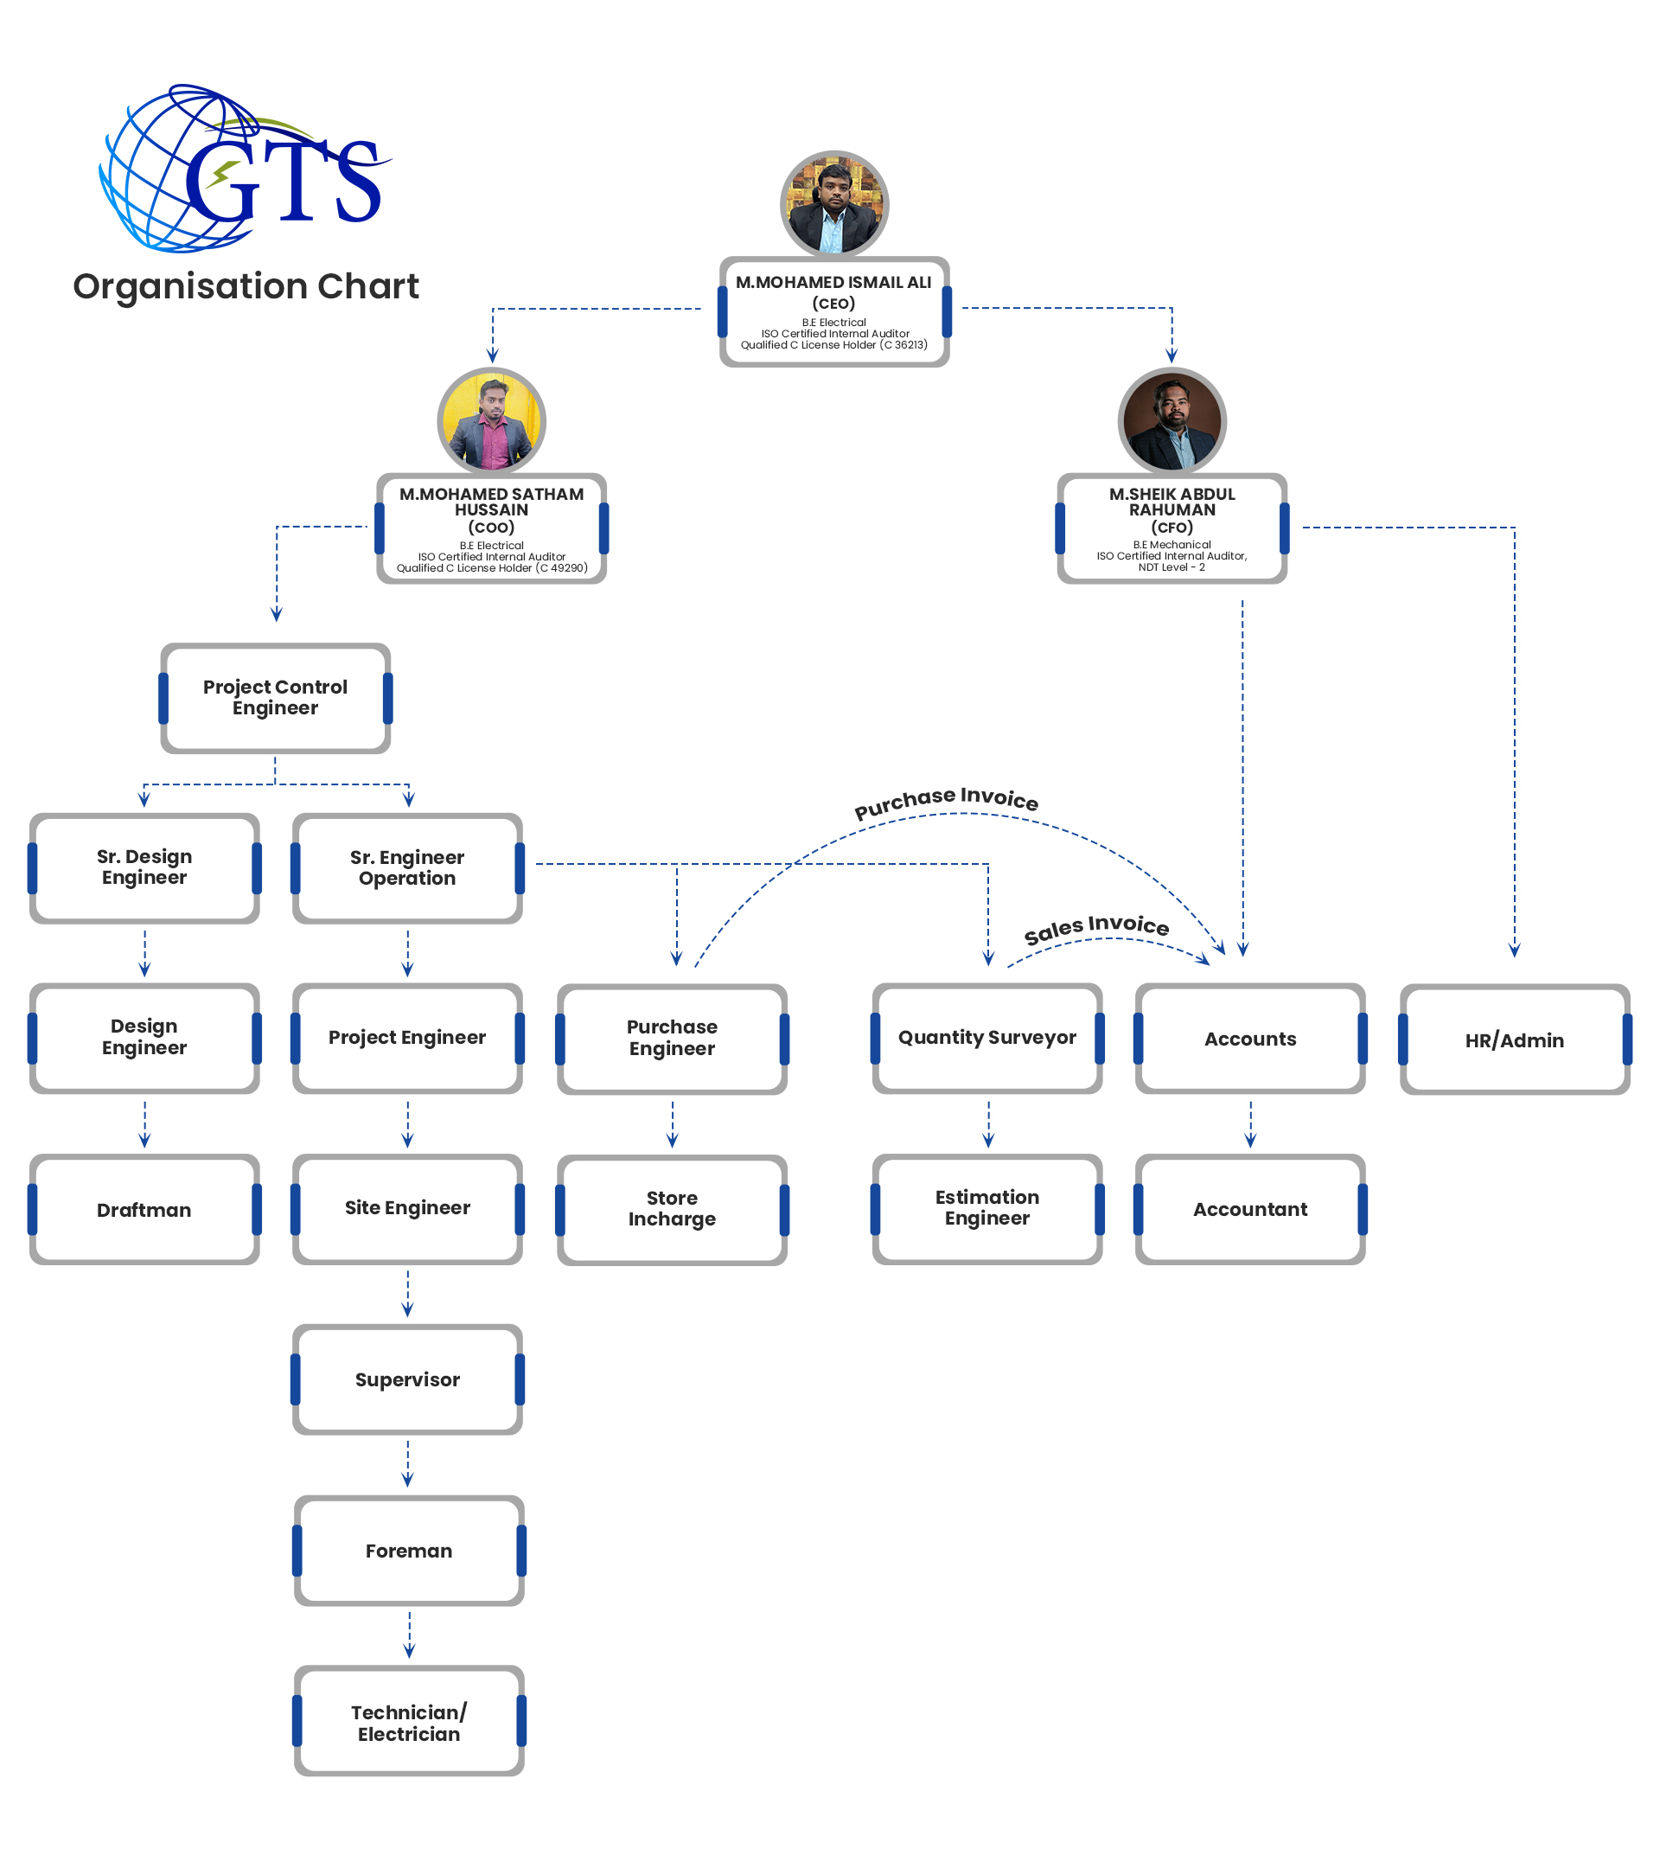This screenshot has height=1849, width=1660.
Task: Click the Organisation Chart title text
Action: click(x=246, y=286)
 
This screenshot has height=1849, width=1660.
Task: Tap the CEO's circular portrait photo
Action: click(x=833, y=203)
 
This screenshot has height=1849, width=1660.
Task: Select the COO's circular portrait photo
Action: click(x=492, y=420)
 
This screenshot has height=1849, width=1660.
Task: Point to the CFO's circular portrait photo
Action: click(x=1172, y=420)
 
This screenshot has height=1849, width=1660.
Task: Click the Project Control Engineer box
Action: click(x=276, y=698)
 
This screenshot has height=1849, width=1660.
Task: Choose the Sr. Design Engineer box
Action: click(x=144, y=867)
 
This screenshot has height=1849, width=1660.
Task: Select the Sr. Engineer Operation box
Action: click(x=408, y=868)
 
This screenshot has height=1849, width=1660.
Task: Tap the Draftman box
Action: click(x=144, y=1210)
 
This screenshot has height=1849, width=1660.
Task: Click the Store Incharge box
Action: click(x=672, y=1210)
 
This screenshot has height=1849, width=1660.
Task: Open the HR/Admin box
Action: click(x=1514, y=1040)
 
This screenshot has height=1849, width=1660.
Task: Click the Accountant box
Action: click(x=1249, y=1210)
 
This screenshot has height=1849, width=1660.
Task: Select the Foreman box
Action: click(x=409, y=1551)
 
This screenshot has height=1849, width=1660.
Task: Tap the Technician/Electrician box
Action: click(x=409, y=1722)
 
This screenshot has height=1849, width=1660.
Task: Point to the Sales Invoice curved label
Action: click(x=1096, y=929)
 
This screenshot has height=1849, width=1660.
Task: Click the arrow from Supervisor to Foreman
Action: click(x=408, y=1463)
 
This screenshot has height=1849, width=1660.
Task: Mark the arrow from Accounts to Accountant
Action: click(x=1250, y=1123)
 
